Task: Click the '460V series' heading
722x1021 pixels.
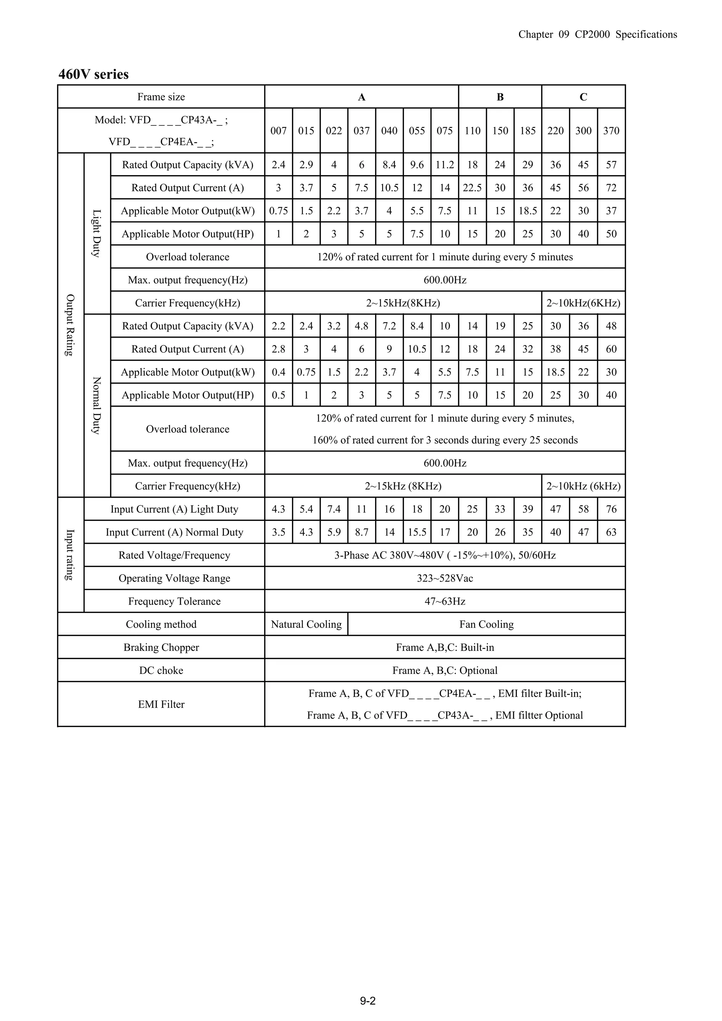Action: (93, 74)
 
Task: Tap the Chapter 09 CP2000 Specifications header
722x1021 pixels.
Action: (598, 35)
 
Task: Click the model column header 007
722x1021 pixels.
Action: (279, 131)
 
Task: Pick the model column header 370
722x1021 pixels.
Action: (611, 131)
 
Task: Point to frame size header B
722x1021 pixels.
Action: (500, 97)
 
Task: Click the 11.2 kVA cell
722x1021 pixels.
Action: (445, 165)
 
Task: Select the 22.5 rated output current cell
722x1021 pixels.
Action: (472, 188)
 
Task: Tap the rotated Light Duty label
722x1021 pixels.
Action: (97, 233)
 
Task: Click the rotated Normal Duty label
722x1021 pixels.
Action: (97, 405)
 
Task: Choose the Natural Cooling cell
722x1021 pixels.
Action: (306, 625)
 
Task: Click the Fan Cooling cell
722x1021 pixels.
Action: (486, 625)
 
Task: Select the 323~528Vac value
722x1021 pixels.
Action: (445, 578)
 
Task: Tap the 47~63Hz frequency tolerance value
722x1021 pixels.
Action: (445, 601)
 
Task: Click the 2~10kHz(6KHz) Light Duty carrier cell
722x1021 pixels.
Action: (583, 303)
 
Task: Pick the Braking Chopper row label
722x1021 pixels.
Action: (161, 647)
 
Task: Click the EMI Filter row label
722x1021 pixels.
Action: (161, 705)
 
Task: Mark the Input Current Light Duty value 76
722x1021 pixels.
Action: (611, 509)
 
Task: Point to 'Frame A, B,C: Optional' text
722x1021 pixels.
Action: (445, 671)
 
